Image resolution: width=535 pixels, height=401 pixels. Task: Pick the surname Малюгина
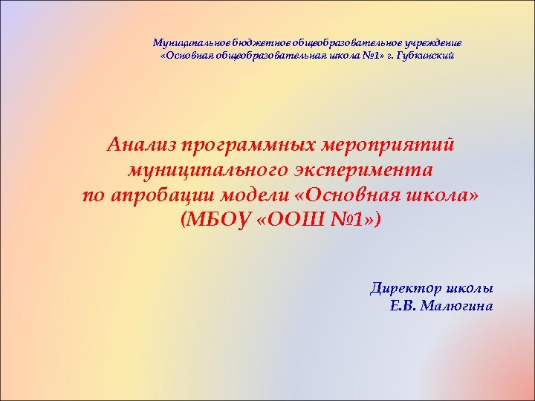click(456, 306)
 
